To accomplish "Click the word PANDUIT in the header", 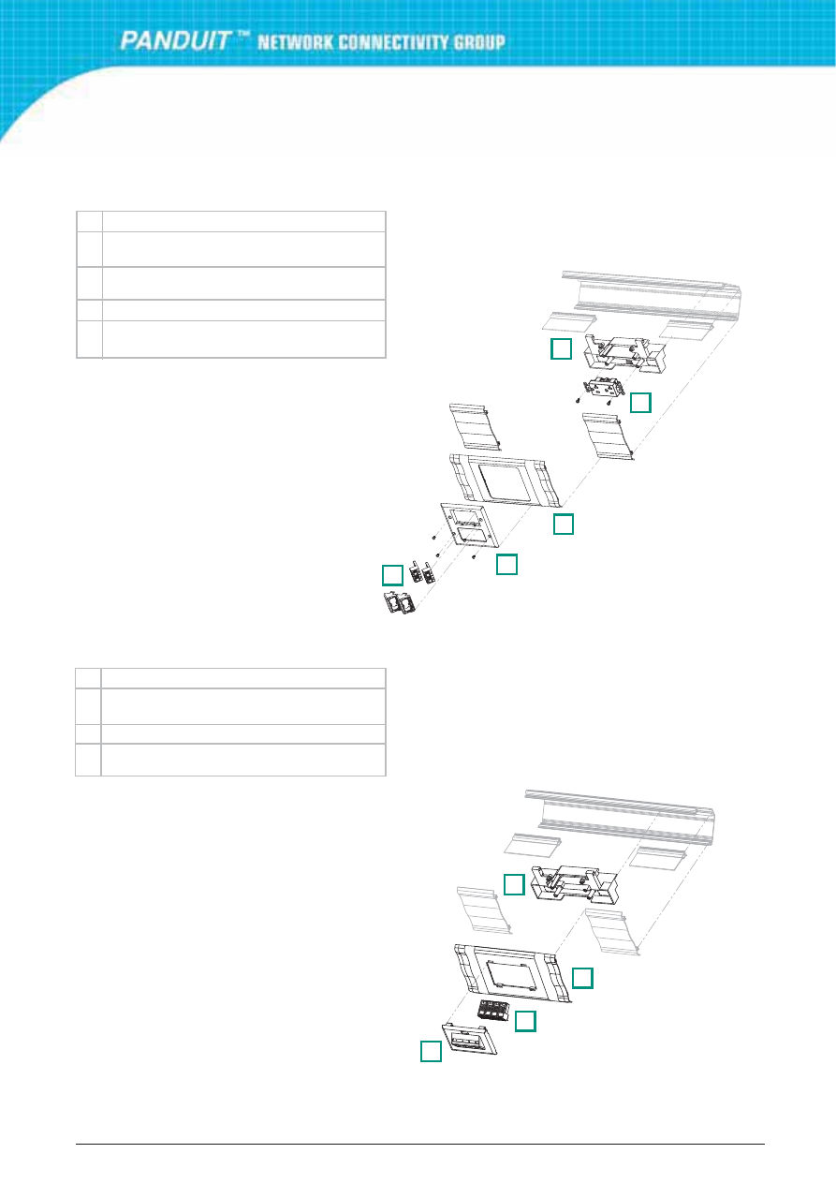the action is (175, 40).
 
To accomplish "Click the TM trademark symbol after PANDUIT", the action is (242, 35).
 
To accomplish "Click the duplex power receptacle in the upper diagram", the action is (604, 390).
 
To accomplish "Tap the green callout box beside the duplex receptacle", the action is (640, 403).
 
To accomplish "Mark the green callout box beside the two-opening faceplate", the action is (506, 564).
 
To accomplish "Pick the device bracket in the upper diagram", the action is (623, 353).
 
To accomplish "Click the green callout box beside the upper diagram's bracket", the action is (561, 349).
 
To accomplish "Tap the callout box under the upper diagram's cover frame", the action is (564, 524).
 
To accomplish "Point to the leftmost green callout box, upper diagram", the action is (392, 575).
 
